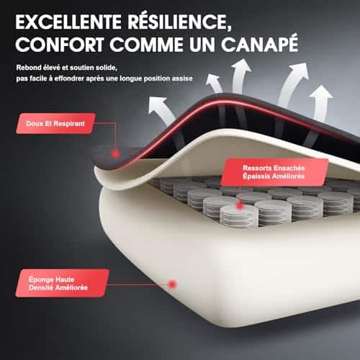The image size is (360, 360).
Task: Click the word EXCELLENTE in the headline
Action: coord(68,22)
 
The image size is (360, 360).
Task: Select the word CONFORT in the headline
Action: coord(60,45)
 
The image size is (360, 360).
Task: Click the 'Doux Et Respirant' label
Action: coord(55,123)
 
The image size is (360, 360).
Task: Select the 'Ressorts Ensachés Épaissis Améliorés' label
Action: coord(274,172)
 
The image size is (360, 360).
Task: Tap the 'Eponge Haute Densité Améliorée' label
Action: coord(62,283)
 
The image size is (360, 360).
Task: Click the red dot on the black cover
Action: coord(116,154)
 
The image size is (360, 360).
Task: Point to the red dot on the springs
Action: coord(239,206)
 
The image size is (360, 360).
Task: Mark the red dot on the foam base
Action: coord(172,284)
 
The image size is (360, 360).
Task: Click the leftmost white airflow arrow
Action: coord(161,110)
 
